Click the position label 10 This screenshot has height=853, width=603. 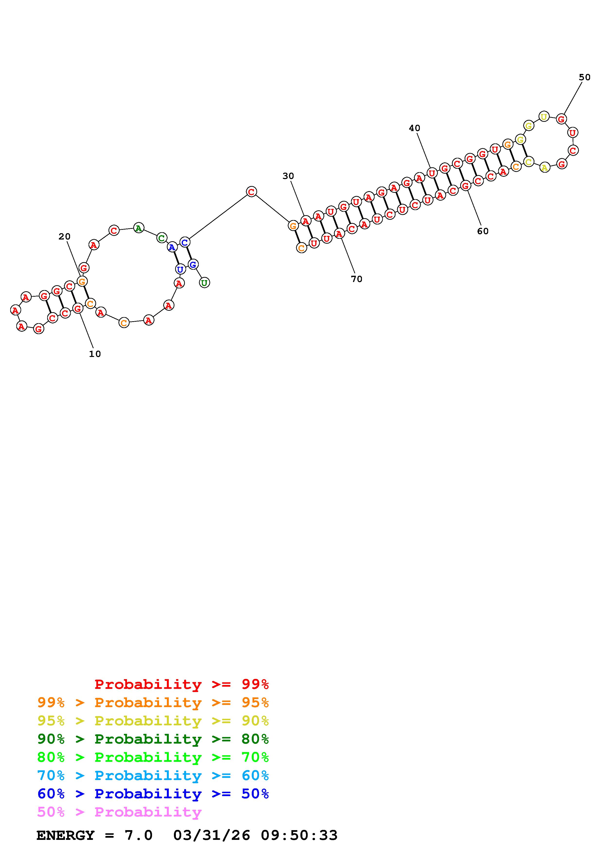[95, 354]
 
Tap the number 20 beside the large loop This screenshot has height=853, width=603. [65, 237]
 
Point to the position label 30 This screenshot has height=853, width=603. [288, 176]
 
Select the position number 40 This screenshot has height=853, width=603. [415, 128]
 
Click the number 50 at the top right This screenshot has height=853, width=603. [585, 77]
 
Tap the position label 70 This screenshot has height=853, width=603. [356, 279]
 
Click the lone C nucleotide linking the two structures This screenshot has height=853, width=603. [252, 192]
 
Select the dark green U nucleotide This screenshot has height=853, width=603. [204, 283]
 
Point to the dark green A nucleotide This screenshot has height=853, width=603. [139, 228]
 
